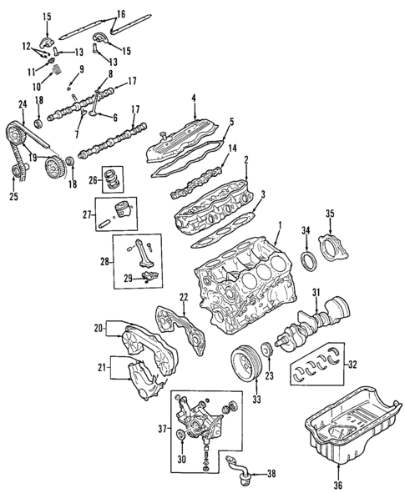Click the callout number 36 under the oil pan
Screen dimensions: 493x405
coord(337,485)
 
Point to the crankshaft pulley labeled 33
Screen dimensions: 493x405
coord(245,364)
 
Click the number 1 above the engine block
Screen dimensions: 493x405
coord(281,224)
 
